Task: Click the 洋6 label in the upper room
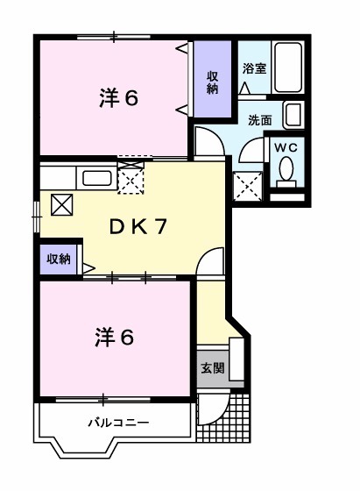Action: (118, 98)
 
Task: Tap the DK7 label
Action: (138, 225)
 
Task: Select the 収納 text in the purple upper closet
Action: (213, 82)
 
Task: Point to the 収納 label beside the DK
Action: (59, 259)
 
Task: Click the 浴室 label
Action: (253, 68)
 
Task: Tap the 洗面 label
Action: (258, 120)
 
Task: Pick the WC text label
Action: (286, 147)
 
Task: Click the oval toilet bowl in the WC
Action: (286, 171)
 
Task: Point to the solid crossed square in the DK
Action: (63, 205)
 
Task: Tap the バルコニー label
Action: (116, 423)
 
